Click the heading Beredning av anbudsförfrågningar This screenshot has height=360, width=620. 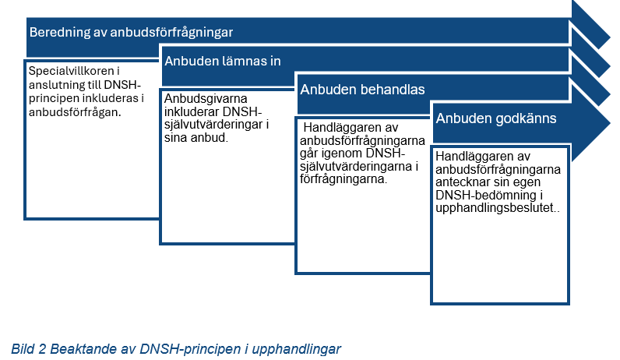pos(131,32)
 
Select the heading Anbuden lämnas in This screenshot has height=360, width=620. pos(223,61)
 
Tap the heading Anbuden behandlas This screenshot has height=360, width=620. pos(362,90)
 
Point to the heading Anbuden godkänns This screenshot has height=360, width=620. pos(496,118)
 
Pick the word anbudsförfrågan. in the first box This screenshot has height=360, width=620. pos(75,112)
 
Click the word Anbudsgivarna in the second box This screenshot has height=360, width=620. pos(206,98)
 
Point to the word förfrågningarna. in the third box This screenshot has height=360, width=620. pos(343,179)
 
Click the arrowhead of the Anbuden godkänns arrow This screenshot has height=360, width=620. pos(591,122)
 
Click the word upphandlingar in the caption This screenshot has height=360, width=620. pos(296,349)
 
